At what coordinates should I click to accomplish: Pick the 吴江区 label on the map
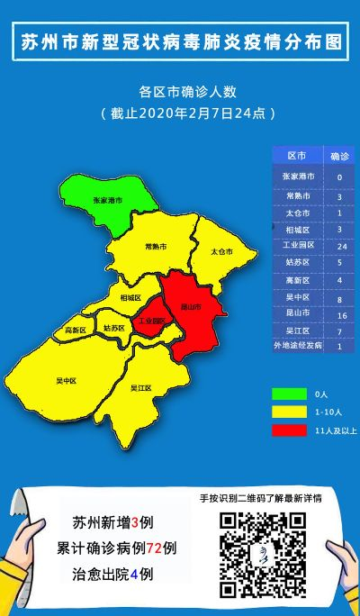coord(140,388)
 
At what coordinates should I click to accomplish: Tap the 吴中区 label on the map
coord(66,381)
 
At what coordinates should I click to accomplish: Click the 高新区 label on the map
coord(76,331)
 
